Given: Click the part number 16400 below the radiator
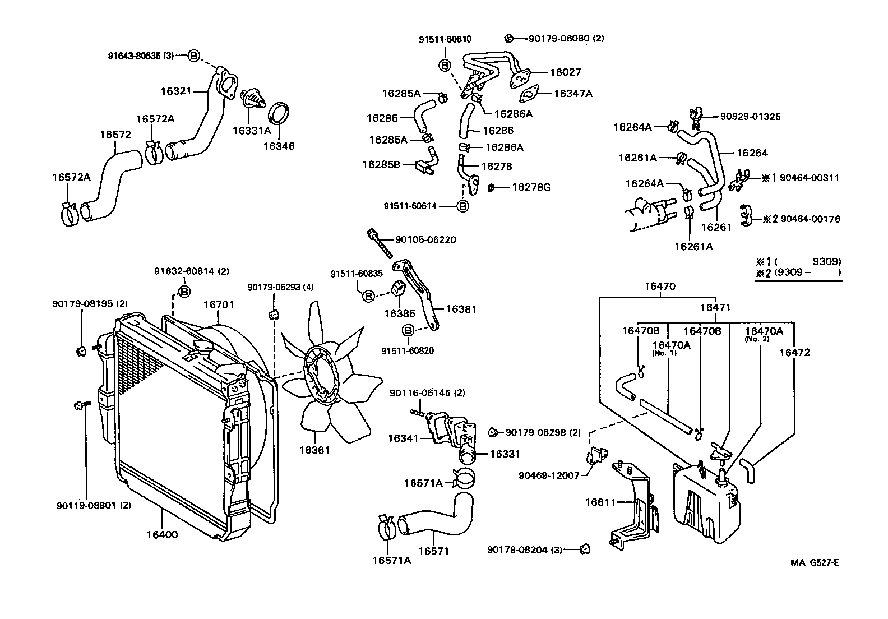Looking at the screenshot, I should pyautogui.click(x=162, y=534).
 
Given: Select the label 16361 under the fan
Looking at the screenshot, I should pyautogui.click(x=314, y=450).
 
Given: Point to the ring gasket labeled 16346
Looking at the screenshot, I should pyautogui.click(x=280, y=114).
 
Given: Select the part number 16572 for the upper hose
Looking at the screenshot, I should pyautogui.click(x=115, y=135).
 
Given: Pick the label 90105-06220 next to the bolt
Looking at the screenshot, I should pyautogui.click(x=425, y=239).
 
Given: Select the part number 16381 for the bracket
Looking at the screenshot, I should pyautogui.click(x=461, y=309).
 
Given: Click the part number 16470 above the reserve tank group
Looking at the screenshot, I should pyautogui.click(x=660, y=287).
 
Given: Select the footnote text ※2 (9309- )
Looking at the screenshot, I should pyautogui.click(x=798, y=272).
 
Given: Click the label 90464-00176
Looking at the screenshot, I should pyautogui.click(x=811, y=219).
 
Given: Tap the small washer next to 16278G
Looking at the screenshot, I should pyautogui.click(x=491, y=187).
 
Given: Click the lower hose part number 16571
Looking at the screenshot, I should pyautogui.click(x=434, y=551).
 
